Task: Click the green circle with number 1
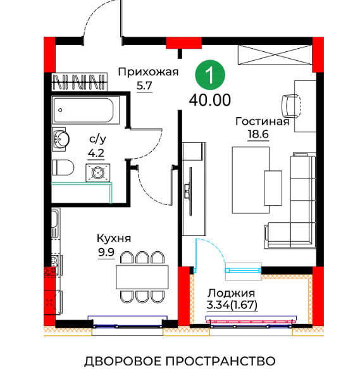pos(210,75)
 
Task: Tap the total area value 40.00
pos(210,100)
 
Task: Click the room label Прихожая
pos(148,72)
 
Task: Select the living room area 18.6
pos(258,134)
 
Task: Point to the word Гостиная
pos(263,122)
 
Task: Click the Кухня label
pos(114,238)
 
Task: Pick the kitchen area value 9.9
pos(106,252)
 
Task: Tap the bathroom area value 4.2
pos(96,153)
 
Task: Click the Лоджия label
pos(231,293)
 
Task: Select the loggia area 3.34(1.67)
pos(232,305)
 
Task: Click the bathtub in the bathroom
pos(85,110)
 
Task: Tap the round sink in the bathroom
pos(61,139)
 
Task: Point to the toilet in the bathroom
pos(63,168)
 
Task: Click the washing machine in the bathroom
pos(98,173)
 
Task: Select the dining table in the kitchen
pos(142,277)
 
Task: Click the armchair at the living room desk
pos(291,106)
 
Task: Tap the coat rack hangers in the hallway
pos(79,82)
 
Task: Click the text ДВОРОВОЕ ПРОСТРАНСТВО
pos(180,361)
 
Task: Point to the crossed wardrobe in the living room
pos(275,54)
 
